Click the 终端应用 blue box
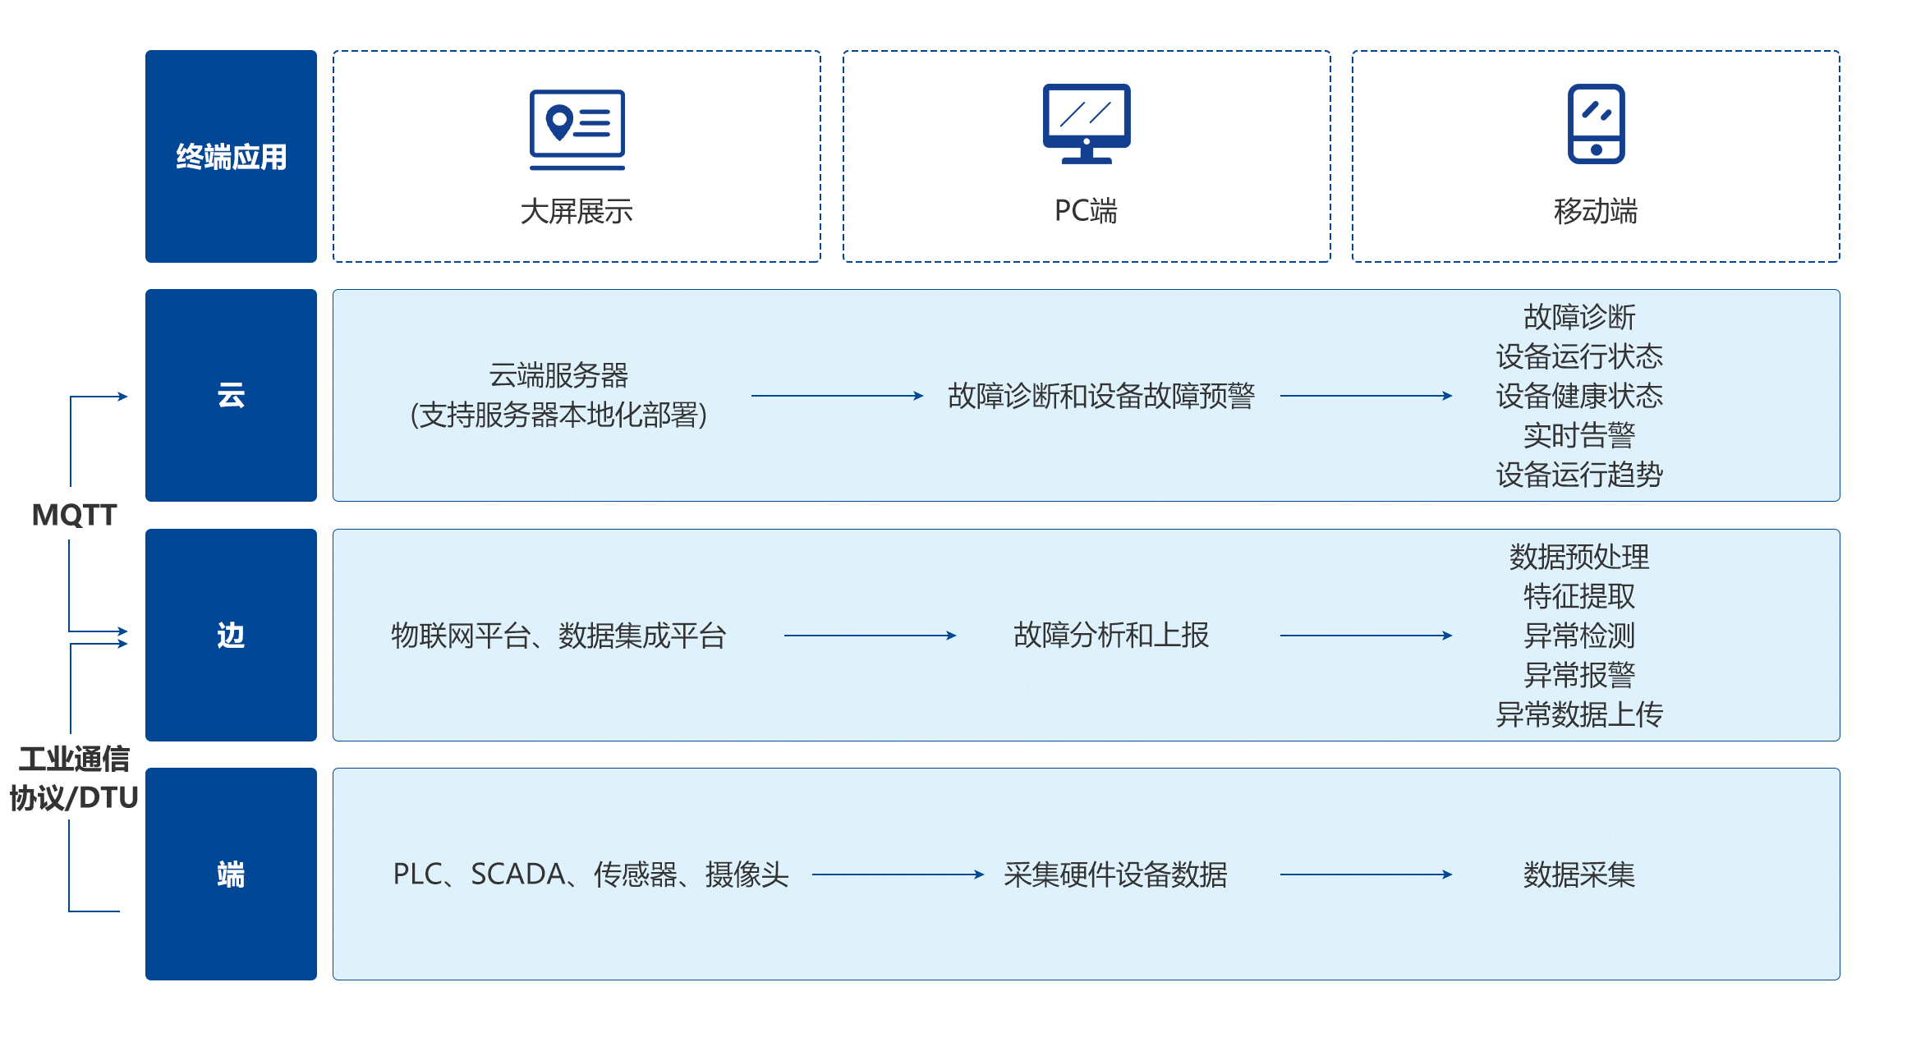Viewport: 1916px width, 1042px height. coord(231,156)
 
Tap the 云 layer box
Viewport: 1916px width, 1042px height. coord(231,395)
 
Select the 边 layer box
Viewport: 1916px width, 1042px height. coord(231,635)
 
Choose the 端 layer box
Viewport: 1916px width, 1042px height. coord(231,874)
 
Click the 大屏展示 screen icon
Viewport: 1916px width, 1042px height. coord(577,129)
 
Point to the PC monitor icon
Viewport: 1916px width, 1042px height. coord(1086,123)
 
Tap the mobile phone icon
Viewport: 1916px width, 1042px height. coord(1596,124)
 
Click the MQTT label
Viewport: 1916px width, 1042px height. coord(74,515)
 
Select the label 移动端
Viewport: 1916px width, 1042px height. coord(1595,211)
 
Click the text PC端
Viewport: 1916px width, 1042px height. coord(1086,211)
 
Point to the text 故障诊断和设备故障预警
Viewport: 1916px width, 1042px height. coord(1100,396)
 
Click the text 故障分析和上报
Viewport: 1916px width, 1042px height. coord(1110,635)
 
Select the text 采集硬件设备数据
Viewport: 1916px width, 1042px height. coord(1114,874)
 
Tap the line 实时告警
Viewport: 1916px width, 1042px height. coord(1578,435)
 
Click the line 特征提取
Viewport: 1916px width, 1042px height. coord(1578,596)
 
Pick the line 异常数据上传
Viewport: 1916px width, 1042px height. coord(1578,714)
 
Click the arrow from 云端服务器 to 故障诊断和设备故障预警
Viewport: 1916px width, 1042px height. coord(837,396)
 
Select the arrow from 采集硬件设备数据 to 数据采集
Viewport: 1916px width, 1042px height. coord(1365,874)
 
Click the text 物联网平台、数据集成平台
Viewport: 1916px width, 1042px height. coord(558,636)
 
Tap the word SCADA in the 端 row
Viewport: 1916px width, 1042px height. coord(518,874)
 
